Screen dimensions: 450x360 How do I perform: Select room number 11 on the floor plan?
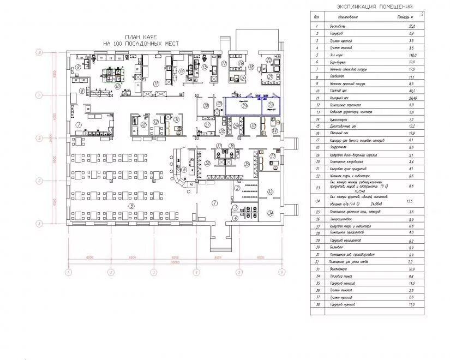click(x=156, y=83)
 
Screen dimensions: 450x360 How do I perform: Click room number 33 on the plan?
click(x=271, y=191)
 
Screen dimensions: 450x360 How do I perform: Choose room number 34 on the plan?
click(x=271, y=213)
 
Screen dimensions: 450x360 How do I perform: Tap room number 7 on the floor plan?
click(x=79, y=125)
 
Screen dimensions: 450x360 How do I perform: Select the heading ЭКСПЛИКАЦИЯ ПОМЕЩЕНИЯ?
click(x=374, y=7)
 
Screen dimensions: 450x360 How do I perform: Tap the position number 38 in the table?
click(x=317, y=304)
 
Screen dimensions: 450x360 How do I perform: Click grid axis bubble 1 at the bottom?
click(x=68, y=271)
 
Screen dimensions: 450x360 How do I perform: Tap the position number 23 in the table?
click(x=317, y=187)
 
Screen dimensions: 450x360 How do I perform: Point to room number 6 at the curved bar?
click(x=185, y=170)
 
